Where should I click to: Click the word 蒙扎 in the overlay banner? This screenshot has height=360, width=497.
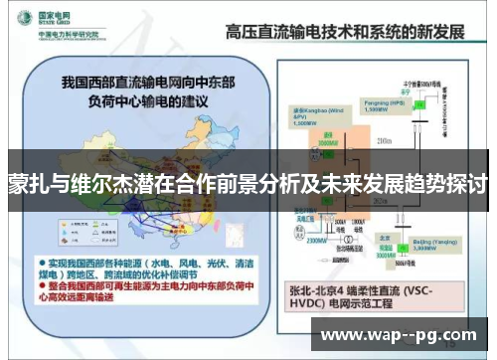click(29, 185)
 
